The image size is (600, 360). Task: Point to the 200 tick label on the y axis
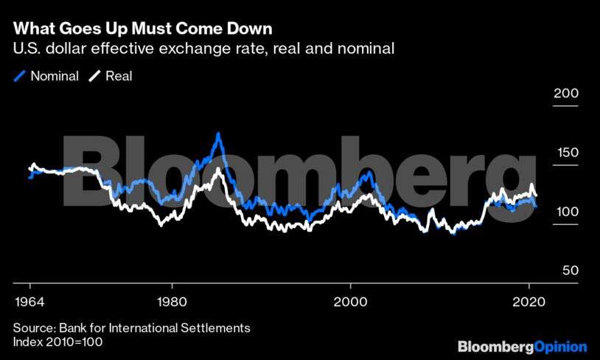tap(566, 94)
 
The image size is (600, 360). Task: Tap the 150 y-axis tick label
tap(566, 153)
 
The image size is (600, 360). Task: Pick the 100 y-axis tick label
tap(566, 212)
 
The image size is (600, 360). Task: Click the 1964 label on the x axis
tap(29, 302)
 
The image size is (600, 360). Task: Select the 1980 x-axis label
tap(172, 302)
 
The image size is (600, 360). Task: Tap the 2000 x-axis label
tap(350, 302)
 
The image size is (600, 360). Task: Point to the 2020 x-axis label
tap(529, 302)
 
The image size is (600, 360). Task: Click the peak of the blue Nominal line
tap(218, 134)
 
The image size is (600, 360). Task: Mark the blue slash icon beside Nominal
tap(20, 76)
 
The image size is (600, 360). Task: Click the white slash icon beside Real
tap(94, 76)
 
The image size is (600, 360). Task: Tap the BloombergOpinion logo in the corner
tap(522, 346)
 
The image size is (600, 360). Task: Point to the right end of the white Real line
tap(535, 195)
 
